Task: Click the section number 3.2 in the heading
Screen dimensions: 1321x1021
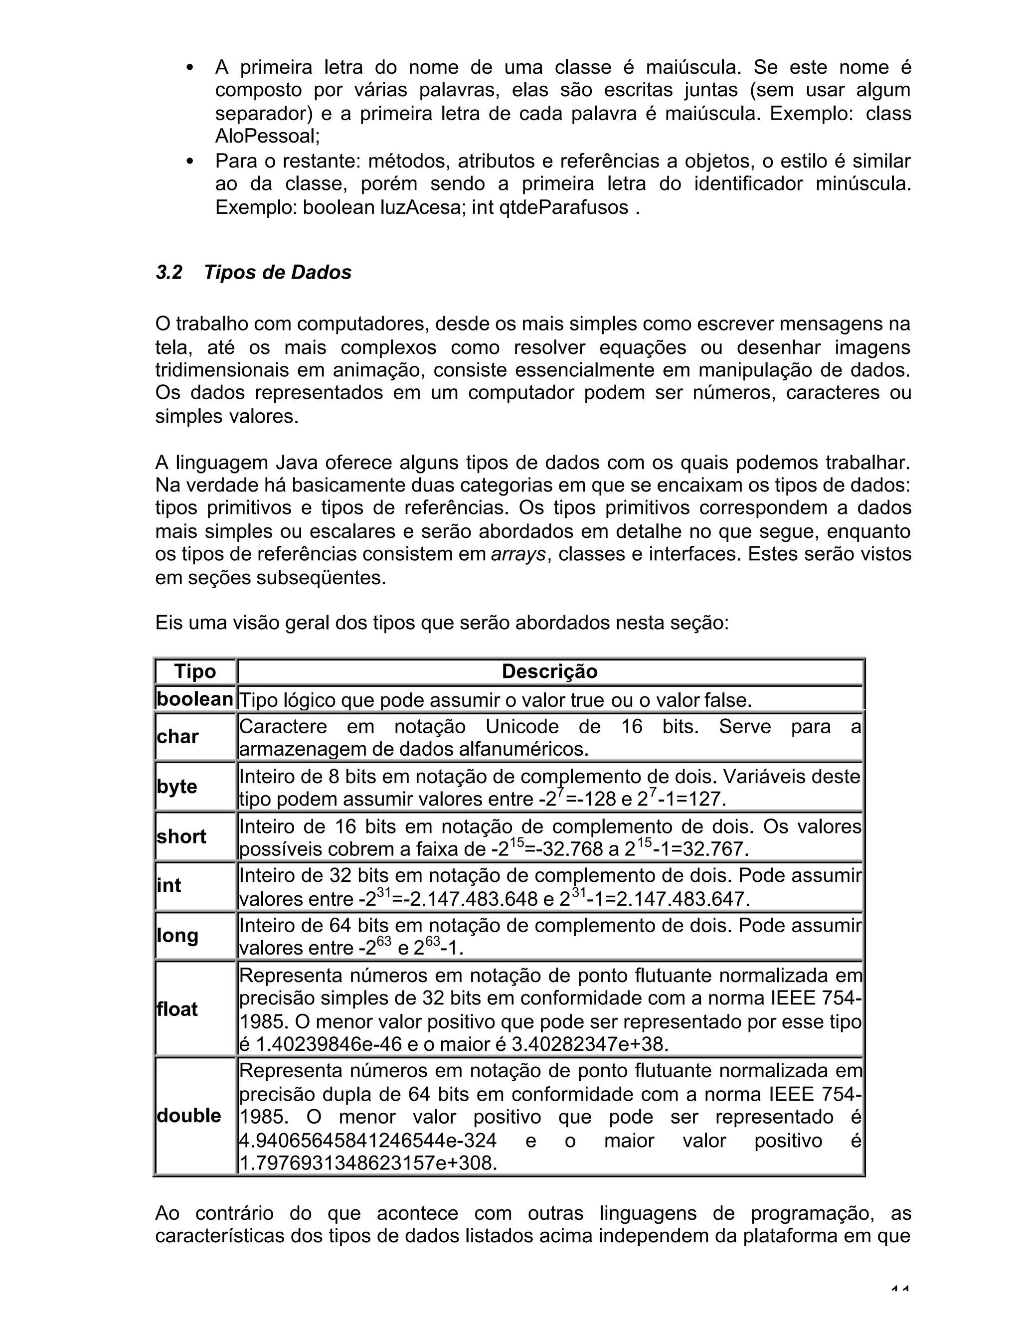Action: (x=169, y=273)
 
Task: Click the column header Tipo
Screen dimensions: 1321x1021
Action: (x=195, y=671)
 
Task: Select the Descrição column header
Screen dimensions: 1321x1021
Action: (x=549, y=671)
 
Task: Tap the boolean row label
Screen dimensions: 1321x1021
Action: (x=195, y=699)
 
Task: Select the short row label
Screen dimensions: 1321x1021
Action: (x=181, y=836)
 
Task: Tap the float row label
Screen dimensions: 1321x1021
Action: (x=176, y=1009)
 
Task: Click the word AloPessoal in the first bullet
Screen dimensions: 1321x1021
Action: (x=267, y=137)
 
